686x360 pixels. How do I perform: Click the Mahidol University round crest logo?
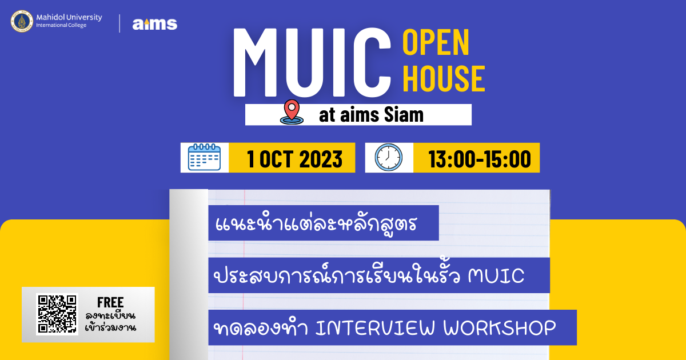click(x=22, y=22)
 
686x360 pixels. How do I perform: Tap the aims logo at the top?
click(x=155, y=24)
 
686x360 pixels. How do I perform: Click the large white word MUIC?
click(x=312, y=63)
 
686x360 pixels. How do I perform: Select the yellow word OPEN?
click(x=436, y=42)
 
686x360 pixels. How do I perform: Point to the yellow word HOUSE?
click(x=444, y=78)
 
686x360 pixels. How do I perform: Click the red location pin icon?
click(x=292, y=112)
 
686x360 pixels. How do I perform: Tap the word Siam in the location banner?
click(x=404, y=115)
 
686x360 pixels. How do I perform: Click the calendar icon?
click(x=204, y=157)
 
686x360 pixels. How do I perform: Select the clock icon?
click(x=389, y=157)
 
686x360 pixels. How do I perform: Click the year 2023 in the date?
click(x=321, y=159)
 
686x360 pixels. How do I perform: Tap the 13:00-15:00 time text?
click(x=480, y=159)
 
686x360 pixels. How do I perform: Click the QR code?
click(x=57, y=314)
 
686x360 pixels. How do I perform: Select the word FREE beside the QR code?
click(x=110, y=302)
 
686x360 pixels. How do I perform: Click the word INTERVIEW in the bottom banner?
click(x=375, y=328)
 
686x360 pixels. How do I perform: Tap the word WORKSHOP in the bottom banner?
click(x=500, y=328)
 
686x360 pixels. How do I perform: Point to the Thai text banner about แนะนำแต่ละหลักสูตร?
click(x=324, y=223)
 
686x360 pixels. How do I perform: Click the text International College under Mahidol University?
click(x=61, y=25)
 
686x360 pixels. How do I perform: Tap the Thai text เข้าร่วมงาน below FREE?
click(x=110, y=327)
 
